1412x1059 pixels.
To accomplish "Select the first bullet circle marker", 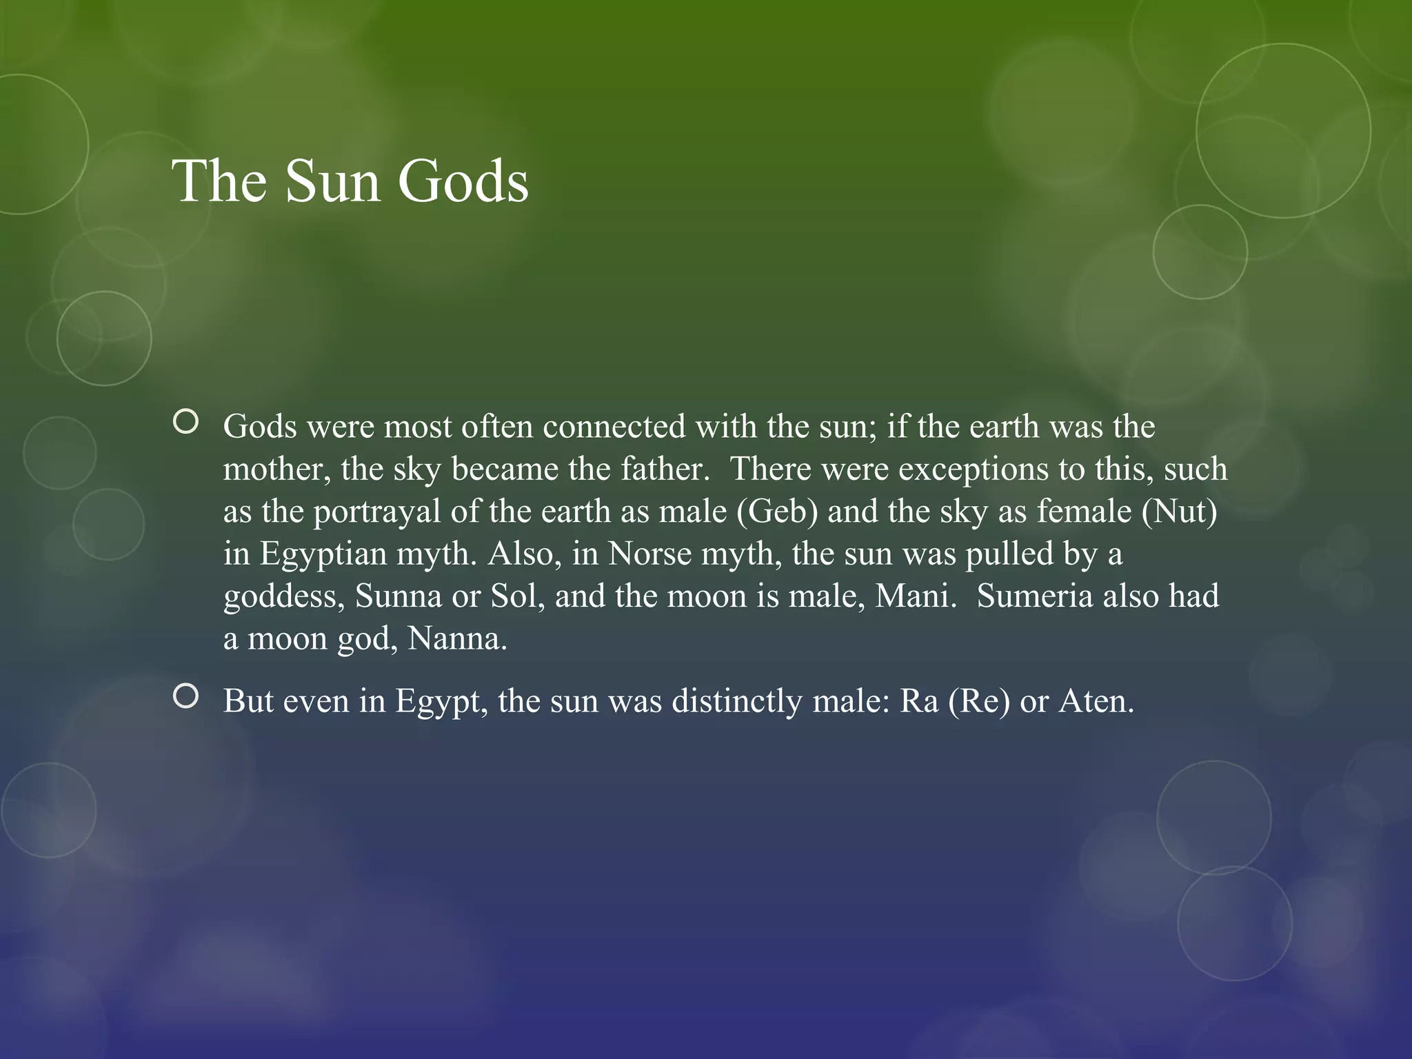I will [x=186, y=421].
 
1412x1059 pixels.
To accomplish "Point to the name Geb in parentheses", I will [x=778, y=512].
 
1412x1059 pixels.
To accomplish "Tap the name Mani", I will [x=915, y=596].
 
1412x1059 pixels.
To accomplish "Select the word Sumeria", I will [x=1034, y=596].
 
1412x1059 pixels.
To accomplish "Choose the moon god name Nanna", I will [x=457, y=638].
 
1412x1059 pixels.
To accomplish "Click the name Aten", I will [x=1096, y=701].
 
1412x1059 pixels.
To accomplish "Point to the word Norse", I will [x=649, y=554].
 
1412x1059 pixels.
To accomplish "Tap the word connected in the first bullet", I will [x=614, y=427].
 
